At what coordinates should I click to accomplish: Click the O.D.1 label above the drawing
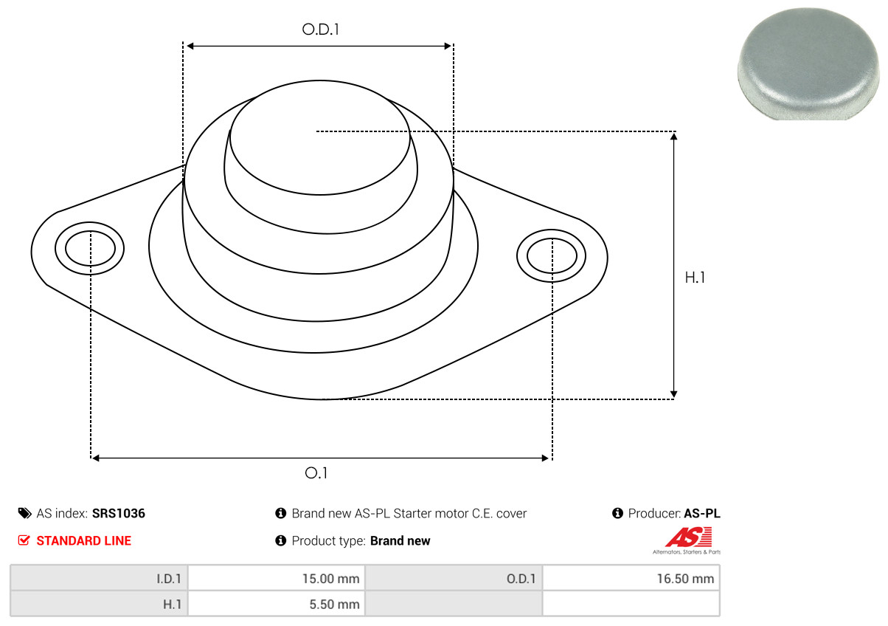pyautogui.click(x=320, y=30)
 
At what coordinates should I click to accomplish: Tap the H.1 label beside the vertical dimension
pyautogui.click(x=695, y=278)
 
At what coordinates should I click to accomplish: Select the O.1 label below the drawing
pyautogui.click(x=316, y=472)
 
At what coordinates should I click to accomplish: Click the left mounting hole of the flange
pyautogui.click(x=90, y=248)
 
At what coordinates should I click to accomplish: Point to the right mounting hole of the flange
pyautogui.click(x=552, y=256)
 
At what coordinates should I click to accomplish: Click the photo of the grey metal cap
pyautogui.click(x=808, y=63)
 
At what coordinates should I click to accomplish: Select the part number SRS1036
pyautogui.click(x=119, y=513)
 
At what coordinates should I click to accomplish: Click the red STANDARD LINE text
pyautogui.click(x=83, y=540)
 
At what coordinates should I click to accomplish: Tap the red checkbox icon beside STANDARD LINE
pyautogui.click(x=24, y=540)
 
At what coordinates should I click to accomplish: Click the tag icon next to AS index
pyautogui.click(x=24, y=513)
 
